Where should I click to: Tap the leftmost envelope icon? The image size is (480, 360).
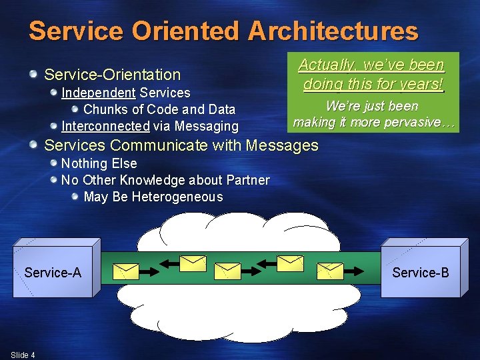(126, 271)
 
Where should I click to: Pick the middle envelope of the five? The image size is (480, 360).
(228, 270)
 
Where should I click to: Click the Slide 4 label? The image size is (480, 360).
(23, 355)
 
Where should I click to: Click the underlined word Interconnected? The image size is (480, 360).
(105, 126)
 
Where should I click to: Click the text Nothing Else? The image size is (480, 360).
(99, 163)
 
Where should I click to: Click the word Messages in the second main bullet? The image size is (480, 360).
(283, 145)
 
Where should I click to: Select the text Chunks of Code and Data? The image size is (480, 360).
(159, 109)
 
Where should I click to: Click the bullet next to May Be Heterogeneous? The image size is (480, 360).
(75, 197)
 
